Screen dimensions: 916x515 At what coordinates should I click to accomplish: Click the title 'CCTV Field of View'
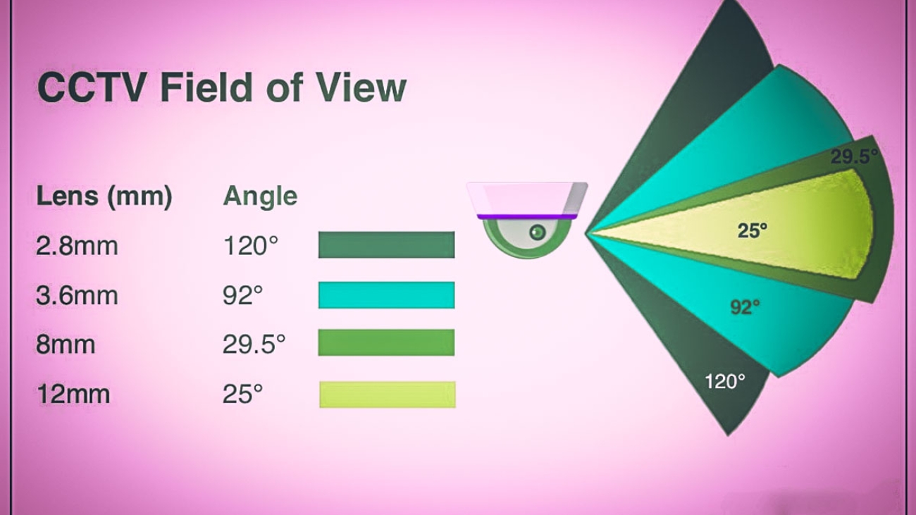click(x=222, y=88)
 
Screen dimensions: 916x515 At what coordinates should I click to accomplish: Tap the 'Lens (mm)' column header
click(x=104, y=197)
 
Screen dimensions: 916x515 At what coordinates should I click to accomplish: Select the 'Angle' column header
click(x=260, y=197)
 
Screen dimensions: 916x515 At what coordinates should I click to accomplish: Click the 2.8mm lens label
click(x=77, y=246)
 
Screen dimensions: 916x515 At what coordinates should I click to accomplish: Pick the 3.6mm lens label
click(x=77, y=295)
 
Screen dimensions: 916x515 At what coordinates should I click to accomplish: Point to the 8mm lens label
click(x=66, y=345)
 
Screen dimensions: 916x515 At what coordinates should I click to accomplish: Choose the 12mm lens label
click(x=73, y=394)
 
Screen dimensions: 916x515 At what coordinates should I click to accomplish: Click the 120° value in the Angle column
click(x=251, y=246)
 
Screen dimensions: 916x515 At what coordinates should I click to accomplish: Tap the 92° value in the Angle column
click(x=242, y=295)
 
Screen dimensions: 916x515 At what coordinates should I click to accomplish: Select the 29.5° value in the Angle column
click(x=254, y=345)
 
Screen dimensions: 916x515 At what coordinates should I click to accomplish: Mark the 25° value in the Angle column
click(x=242, y=394)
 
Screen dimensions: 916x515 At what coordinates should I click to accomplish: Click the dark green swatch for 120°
click(x=386, y=245)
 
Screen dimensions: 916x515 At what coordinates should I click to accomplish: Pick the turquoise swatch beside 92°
click(x=386, y=294)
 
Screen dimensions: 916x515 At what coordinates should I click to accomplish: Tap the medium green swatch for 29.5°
click(x=386, y=342)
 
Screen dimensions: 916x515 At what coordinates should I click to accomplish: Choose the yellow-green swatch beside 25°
click(x=388, y=395)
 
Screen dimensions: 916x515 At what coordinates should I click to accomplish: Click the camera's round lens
click(x=538, y=232)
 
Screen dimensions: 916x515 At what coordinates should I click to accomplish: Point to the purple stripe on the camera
click(x=527, y=216)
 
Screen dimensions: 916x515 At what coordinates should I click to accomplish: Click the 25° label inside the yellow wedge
click(x=753, y=230)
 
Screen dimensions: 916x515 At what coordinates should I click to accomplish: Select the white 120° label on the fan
click(x=725, y=381)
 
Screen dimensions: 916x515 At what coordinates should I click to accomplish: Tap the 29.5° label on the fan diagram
click(x=854, y=156)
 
